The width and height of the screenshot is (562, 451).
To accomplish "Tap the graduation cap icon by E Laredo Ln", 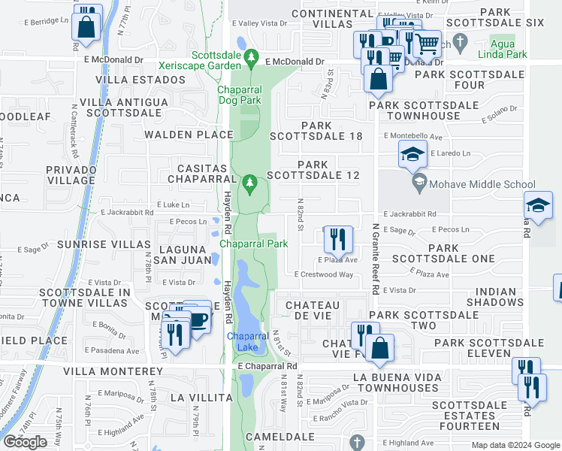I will [412, 156].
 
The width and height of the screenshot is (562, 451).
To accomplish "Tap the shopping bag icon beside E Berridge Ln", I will [87, 27].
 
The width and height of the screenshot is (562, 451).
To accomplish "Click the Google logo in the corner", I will [25, 442].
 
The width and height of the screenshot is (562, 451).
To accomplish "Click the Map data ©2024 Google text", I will [515, 445].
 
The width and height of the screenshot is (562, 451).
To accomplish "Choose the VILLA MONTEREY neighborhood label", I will [113, 371].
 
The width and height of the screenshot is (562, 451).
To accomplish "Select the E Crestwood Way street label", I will [324, 275].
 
